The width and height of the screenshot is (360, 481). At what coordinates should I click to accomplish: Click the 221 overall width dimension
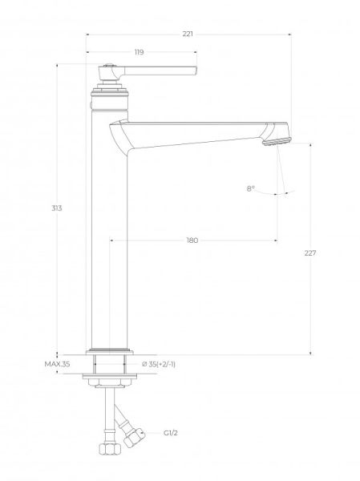tap(188, 34)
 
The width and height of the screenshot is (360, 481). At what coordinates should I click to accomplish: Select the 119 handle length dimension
tap(139, 52)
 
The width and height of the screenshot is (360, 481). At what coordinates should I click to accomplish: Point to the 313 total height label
tap(56, 208)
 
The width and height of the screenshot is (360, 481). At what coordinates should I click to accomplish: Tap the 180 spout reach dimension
tap(192, 240)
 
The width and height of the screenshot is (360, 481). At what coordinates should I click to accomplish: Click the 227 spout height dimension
tap(310, 253)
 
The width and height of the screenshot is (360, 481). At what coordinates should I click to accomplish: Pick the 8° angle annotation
tap(251, 188)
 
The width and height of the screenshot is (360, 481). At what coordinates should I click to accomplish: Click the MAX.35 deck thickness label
tap(57, 364)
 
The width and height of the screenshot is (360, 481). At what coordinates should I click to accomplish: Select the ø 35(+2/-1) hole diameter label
tap(159, 364)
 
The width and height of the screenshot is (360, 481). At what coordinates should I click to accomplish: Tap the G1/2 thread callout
tap(170, 433)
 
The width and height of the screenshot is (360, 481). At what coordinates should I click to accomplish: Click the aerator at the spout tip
tap(277, 142)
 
